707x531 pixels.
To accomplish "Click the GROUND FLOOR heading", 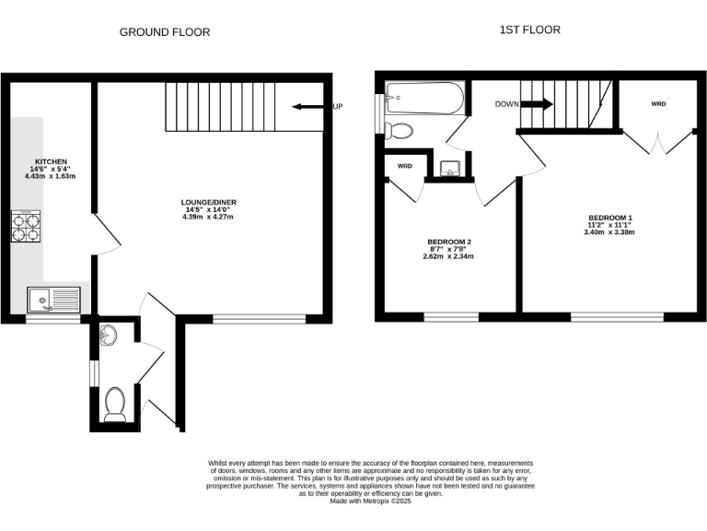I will tap(165, 32).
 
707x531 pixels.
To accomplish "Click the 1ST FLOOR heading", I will tap(529, 29).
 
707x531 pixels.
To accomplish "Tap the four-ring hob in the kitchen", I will tap(26, 226).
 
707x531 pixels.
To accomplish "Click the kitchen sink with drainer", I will tap(54, 299).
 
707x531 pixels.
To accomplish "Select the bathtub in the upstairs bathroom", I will tap(424, 97).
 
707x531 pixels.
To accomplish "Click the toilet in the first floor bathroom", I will tap(400, 131).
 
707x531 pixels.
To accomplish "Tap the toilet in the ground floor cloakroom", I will tap(115, 404).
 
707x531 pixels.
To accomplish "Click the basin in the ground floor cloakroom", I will tap(108, 333).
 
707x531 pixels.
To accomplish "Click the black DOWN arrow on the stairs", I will tap(537, 104).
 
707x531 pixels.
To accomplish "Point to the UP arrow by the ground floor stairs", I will tap(305, 107).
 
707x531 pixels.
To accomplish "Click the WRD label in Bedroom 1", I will tap(658, 104).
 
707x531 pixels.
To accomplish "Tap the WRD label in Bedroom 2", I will tap(404, 166).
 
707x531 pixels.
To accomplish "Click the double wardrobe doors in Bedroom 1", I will tap(658, 139).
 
